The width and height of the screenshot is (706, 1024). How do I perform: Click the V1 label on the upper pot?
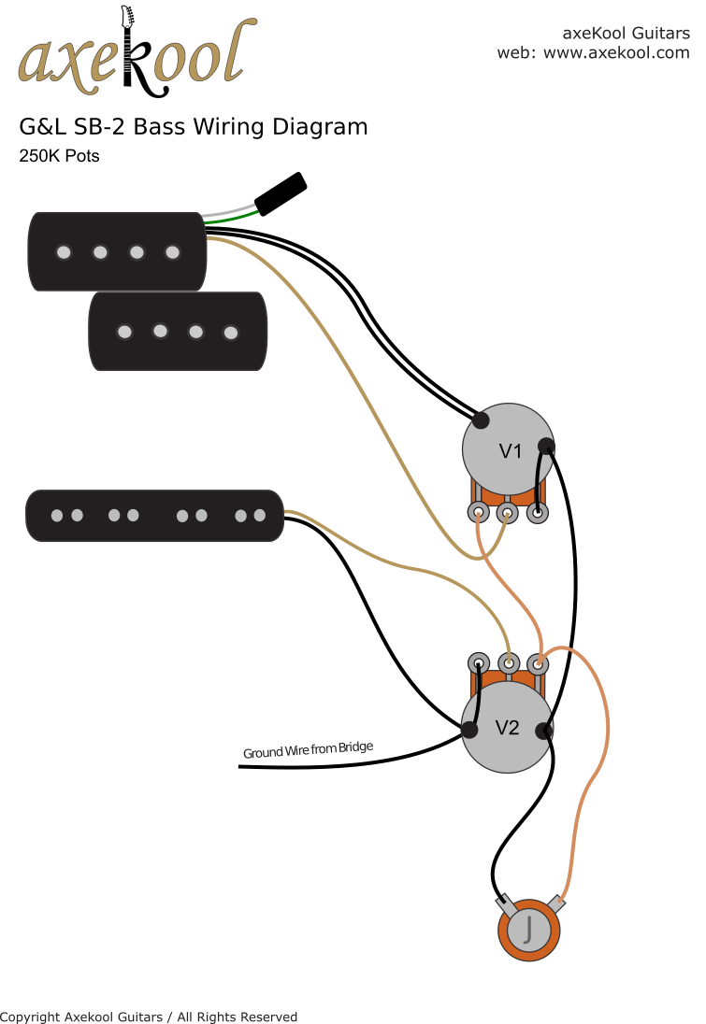click(x=510, y=451)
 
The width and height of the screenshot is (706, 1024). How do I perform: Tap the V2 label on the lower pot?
click(x=507, y=728)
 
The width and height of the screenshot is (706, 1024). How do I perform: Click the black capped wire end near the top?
click(x=281, y=193)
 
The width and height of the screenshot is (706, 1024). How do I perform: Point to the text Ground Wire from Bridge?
click(x=308, y=749)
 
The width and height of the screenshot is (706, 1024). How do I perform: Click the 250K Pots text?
click(x=59, y=156)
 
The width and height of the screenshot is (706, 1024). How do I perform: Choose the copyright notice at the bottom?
click(x=149, y=1017)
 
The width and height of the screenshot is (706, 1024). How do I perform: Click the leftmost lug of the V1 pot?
click(x=479, y=513)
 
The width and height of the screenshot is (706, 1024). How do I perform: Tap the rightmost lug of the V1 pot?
click(x=538, y=513)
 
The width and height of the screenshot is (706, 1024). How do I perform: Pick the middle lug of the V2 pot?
click(x=508, y=663)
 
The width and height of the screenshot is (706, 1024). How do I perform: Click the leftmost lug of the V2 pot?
click(x=478, y=663)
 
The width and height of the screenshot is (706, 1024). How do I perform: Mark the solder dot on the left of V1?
click(x=481, y=420)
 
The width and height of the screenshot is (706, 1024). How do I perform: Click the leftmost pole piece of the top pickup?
click(x=64, y=252)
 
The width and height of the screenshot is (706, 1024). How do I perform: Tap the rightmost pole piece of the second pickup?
click(x=231, y=332)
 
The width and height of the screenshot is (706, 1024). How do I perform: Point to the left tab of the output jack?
click(x=506, y=904)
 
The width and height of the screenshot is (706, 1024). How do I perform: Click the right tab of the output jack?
click(x=558, y=903)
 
